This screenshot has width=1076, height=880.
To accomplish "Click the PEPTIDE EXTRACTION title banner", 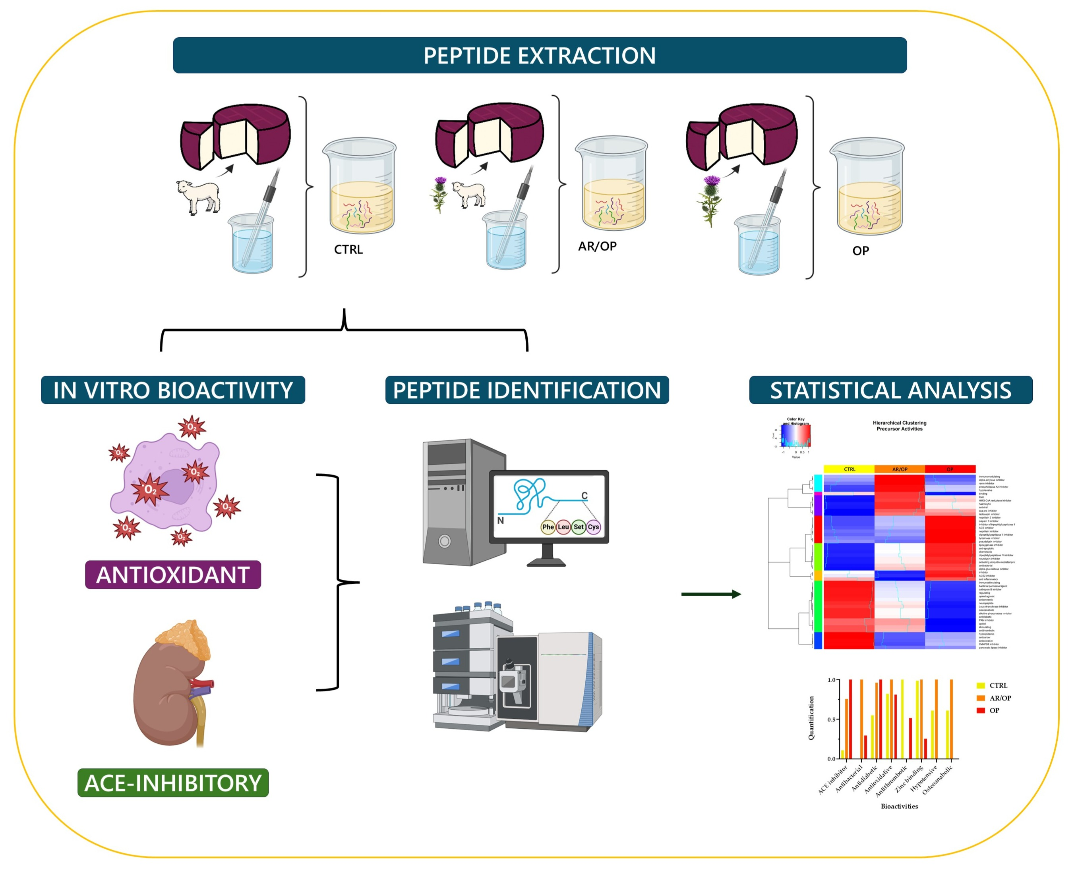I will [539, 55].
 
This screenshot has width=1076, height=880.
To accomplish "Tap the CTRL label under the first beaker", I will [348, 249].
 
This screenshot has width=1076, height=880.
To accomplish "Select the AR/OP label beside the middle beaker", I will [597, 246].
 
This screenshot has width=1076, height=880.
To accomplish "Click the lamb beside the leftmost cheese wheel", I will [198, 196].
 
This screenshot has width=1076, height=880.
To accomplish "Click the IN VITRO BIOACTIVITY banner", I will [173, 390].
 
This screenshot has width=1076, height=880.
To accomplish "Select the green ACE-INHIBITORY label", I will [173, 783].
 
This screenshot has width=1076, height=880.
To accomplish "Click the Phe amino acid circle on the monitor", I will [548, 527].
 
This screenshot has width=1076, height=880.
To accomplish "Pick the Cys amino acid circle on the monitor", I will [593, 527].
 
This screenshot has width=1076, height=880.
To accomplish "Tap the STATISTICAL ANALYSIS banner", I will [890, 390].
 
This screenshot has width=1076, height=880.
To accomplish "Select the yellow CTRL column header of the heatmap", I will [850, 469].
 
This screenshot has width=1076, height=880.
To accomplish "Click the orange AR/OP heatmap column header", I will [900, 469].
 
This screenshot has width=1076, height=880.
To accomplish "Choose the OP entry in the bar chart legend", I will [993, 710].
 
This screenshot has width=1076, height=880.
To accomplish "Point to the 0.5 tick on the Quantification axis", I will [832, 719].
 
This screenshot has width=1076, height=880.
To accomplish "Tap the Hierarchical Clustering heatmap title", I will [899, 425].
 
